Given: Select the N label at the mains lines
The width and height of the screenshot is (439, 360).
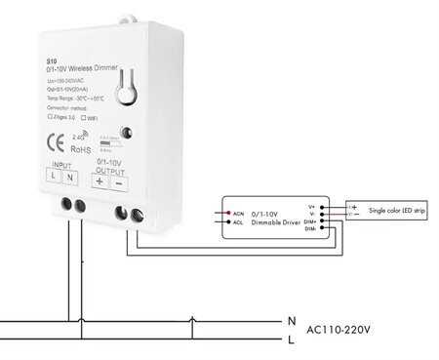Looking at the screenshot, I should click(290, 320).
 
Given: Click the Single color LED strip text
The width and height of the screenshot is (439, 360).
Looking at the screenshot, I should click(397, 209).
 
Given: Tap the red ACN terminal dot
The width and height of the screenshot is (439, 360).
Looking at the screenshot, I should click(224, 211).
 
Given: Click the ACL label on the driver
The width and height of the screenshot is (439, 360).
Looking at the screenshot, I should click(238, 221).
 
